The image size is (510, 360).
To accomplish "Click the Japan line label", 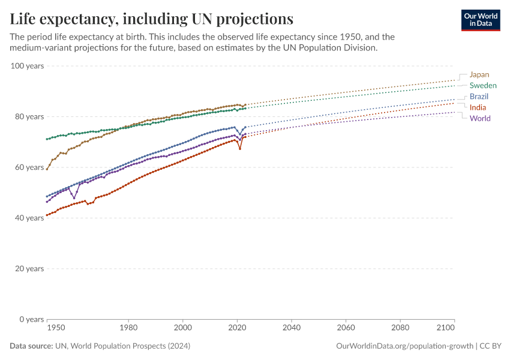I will click(479, 75).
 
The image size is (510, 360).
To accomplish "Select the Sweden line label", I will click(482, 86).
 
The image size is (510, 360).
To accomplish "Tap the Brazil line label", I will click(479, 97).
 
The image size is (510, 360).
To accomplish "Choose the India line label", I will click(478, 107).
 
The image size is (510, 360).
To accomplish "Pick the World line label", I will click(480, 118).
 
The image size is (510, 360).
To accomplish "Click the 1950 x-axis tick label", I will click(55, 328).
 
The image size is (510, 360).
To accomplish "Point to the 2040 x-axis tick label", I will click(291, 328).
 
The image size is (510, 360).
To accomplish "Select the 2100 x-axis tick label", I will click(446, 328).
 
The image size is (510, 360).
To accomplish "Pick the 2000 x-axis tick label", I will click(182, 328).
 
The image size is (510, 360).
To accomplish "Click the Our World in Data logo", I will click(480, 20).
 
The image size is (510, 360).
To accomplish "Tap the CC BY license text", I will click(491, 346).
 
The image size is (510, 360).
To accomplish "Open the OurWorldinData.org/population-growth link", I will click(403, 346).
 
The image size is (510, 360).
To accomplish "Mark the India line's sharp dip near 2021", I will click(240, 148).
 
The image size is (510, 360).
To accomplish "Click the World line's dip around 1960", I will click(74, 197).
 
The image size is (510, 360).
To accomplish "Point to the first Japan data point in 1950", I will click(47, 169).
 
